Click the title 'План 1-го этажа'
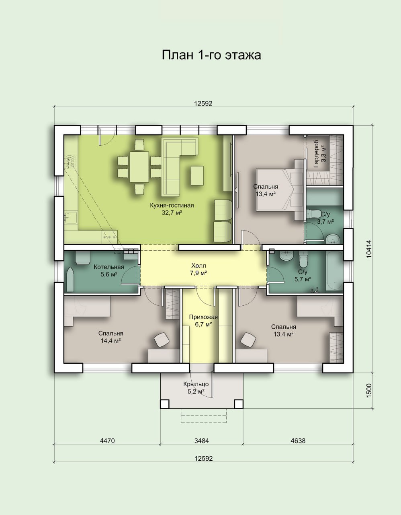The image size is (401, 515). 211,55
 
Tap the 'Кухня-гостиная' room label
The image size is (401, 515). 172,205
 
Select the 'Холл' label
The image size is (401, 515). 199,266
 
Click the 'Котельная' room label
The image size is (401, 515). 109,267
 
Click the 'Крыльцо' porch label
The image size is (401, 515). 196,384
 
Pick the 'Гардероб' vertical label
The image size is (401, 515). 316,154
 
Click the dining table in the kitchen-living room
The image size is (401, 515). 139,167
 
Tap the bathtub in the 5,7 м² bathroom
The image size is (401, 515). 334,271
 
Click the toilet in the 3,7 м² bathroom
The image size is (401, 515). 313,214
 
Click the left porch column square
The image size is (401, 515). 165,404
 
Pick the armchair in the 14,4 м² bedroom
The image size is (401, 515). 162,340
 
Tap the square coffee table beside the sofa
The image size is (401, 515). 197,175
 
